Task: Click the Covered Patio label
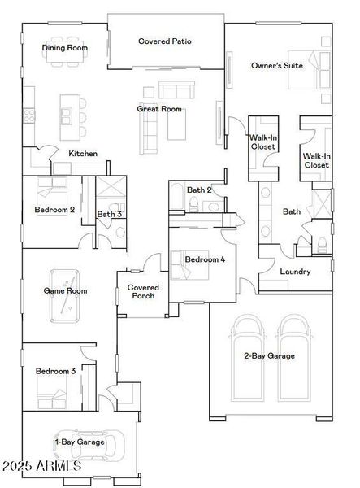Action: (165, 41)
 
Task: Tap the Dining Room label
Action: (65, 48)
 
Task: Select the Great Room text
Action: (159, 109)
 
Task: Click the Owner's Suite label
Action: (277, 65)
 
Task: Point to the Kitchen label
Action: (83, 153)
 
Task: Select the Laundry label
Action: (295, 272)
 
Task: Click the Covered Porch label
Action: (145, 291)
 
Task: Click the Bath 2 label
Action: (199, 190)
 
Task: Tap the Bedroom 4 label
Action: (205, 259)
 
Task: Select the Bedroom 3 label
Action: (55, 371)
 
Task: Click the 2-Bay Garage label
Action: (269, 355)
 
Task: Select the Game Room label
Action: (65, 290)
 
